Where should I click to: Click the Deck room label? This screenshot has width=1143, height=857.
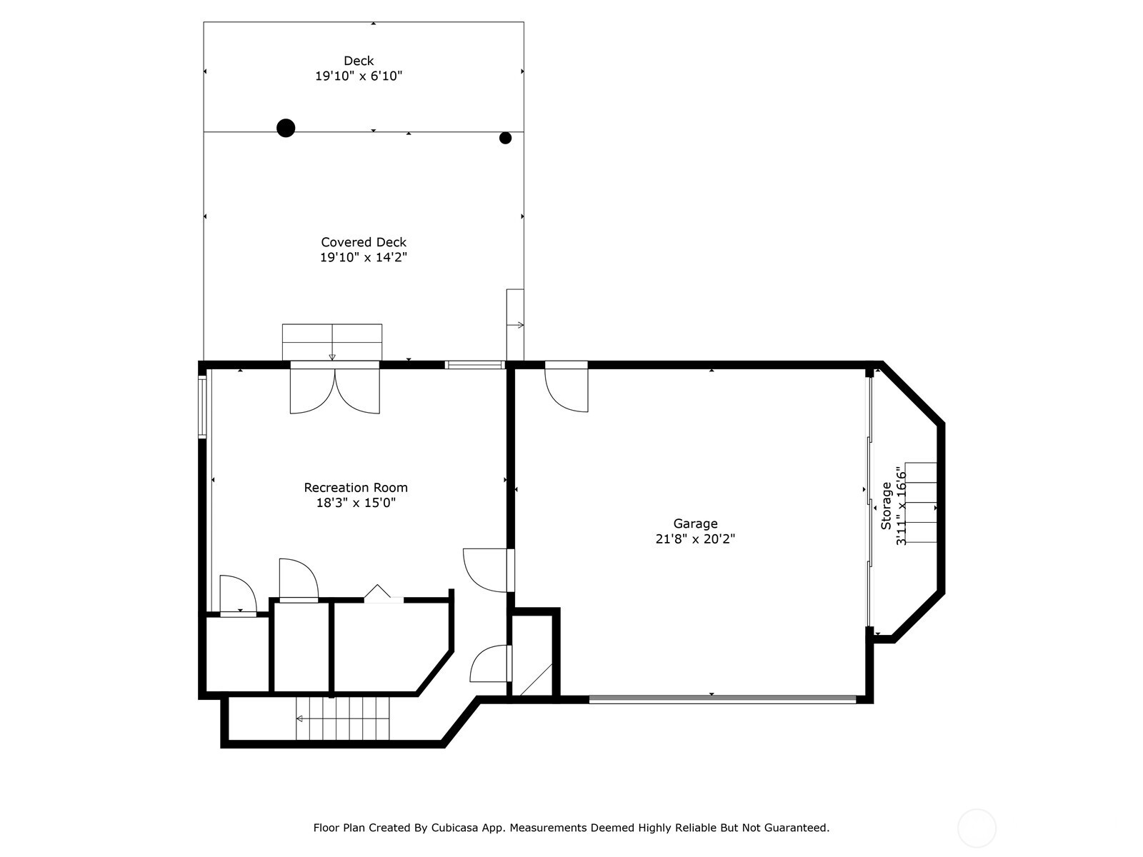[x=359, y=61]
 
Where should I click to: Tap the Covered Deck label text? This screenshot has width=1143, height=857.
[x=364, y=242]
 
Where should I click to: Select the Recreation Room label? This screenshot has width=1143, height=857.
[x=356, y=488]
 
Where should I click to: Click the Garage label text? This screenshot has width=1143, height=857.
[x=695, y=523]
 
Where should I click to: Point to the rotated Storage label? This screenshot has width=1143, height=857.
[x=886, y=506]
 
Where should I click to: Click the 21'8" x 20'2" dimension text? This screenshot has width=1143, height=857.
[x=695, y=538]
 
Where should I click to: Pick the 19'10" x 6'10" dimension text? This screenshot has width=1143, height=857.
[x=359, y=76]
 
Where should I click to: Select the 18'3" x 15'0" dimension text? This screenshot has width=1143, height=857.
[x=356, y=503]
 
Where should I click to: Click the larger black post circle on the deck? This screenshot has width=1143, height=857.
[x=286, y=128]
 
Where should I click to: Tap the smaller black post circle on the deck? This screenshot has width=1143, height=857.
[x=505, y=138]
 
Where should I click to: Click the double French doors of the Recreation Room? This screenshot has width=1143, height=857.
[x=335, y=388]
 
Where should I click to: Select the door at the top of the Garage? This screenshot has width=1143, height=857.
[x=566, y=386]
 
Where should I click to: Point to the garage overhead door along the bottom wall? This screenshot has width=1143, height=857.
[x=723, y=699]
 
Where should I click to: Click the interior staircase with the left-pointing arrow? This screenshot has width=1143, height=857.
[x=343, y=718]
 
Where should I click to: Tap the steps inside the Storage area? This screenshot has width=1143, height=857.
[x=921, y=503]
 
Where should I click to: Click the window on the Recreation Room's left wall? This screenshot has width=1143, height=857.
[x=202, y=407]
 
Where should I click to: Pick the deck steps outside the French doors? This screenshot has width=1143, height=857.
[x=332, y=342]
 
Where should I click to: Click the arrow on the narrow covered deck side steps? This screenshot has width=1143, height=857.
[x=516, y=325]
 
